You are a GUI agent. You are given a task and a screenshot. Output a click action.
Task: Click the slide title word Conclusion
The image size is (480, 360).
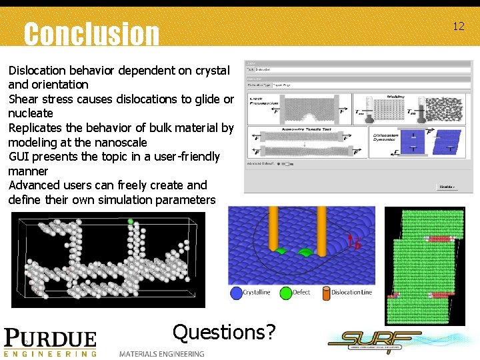[91, 33]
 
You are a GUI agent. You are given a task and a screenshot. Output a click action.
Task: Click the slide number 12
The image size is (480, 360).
[458, 27]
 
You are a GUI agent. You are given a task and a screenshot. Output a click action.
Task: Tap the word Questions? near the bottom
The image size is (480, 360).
[224, 331]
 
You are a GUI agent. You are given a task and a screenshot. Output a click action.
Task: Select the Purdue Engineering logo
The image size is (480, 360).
[50, 342]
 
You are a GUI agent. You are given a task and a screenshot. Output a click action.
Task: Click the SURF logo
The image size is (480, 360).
[375, 341]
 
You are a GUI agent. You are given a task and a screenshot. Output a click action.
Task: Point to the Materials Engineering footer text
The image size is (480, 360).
[162, 353]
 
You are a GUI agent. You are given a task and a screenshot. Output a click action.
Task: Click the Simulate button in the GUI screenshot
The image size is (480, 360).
[446, 187]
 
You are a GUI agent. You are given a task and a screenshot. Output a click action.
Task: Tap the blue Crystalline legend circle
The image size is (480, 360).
[235, 293]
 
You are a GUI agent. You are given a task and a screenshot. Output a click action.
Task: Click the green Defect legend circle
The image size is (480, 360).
[285, 293]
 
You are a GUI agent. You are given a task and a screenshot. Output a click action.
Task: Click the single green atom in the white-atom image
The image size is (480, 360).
[131, 221]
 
